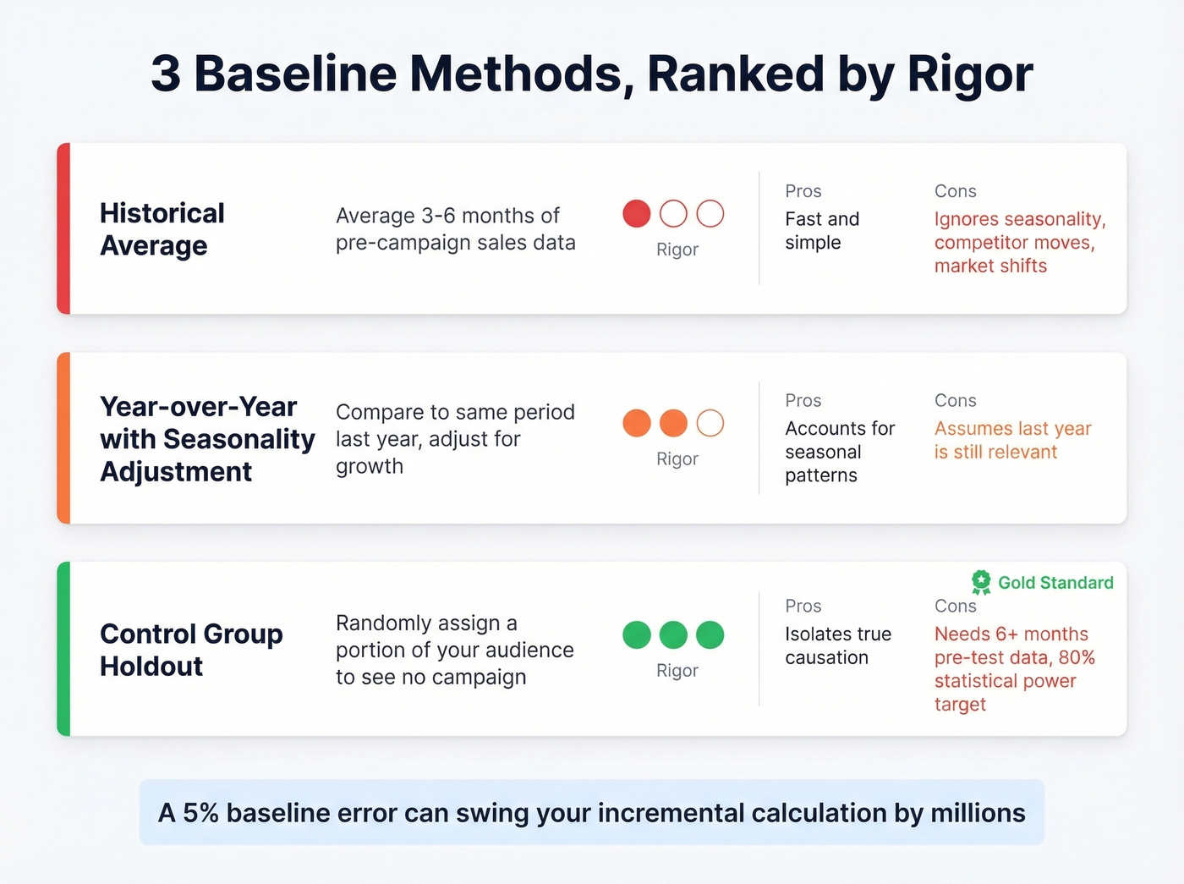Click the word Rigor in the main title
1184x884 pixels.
tap(969, 74)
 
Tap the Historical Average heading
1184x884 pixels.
tap(162, 228)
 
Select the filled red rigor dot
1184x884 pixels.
tap(637, 214)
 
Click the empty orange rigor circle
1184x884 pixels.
tap(710, 423)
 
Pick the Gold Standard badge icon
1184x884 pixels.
tap(981, 582)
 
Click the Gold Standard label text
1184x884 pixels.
tap(1055, 583)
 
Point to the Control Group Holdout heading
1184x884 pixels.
tap(191, 650)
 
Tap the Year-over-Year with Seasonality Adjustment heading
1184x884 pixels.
tap(206, 438)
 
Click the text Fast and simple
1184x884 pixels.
tap(821, 231)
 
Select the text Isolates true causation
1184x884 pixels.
tap(837, 645)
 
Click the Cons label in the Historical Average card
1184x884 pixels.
tap(955, 191)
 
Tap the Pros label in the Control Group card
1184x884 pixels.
tap(803, 606)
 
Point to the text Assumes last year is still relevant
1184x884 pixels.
tap(1012, 440)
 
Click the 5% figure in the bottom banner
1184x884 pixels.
tap(200, 813)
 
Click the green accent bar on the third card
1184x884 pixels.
tap(63, 649)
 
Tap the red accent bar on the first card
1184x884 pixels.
tap(63, 228)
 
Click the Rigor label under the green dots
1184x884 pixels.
tap(677, 670)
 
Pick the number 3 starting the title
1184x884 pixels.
tap(166, 74)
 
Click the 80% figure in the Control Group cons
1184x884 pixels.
tap(1076, 657)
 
